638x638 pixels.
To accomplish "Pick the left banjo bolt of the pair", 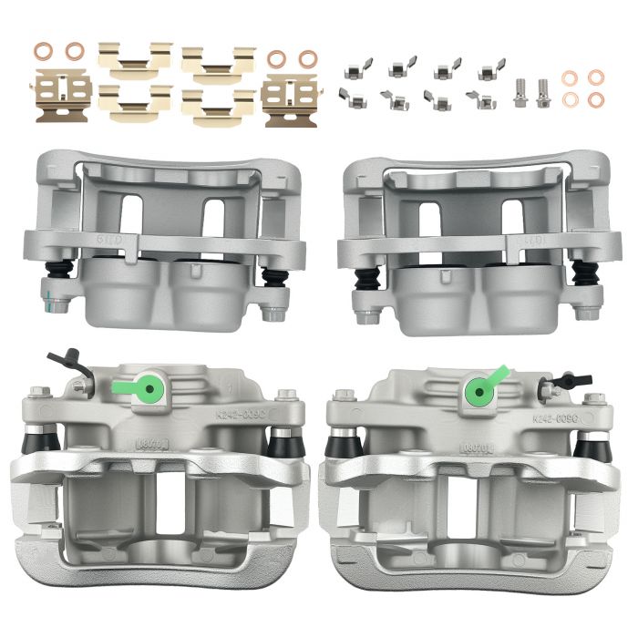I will click(520, 93).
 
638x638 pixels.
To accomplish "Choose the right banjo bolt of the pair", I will click(545, 93).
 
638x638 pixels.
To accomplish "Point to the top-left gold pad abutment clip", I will click(135, 57).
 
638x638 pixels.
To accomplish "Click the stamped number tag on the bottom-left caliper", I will click(149, 445).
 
